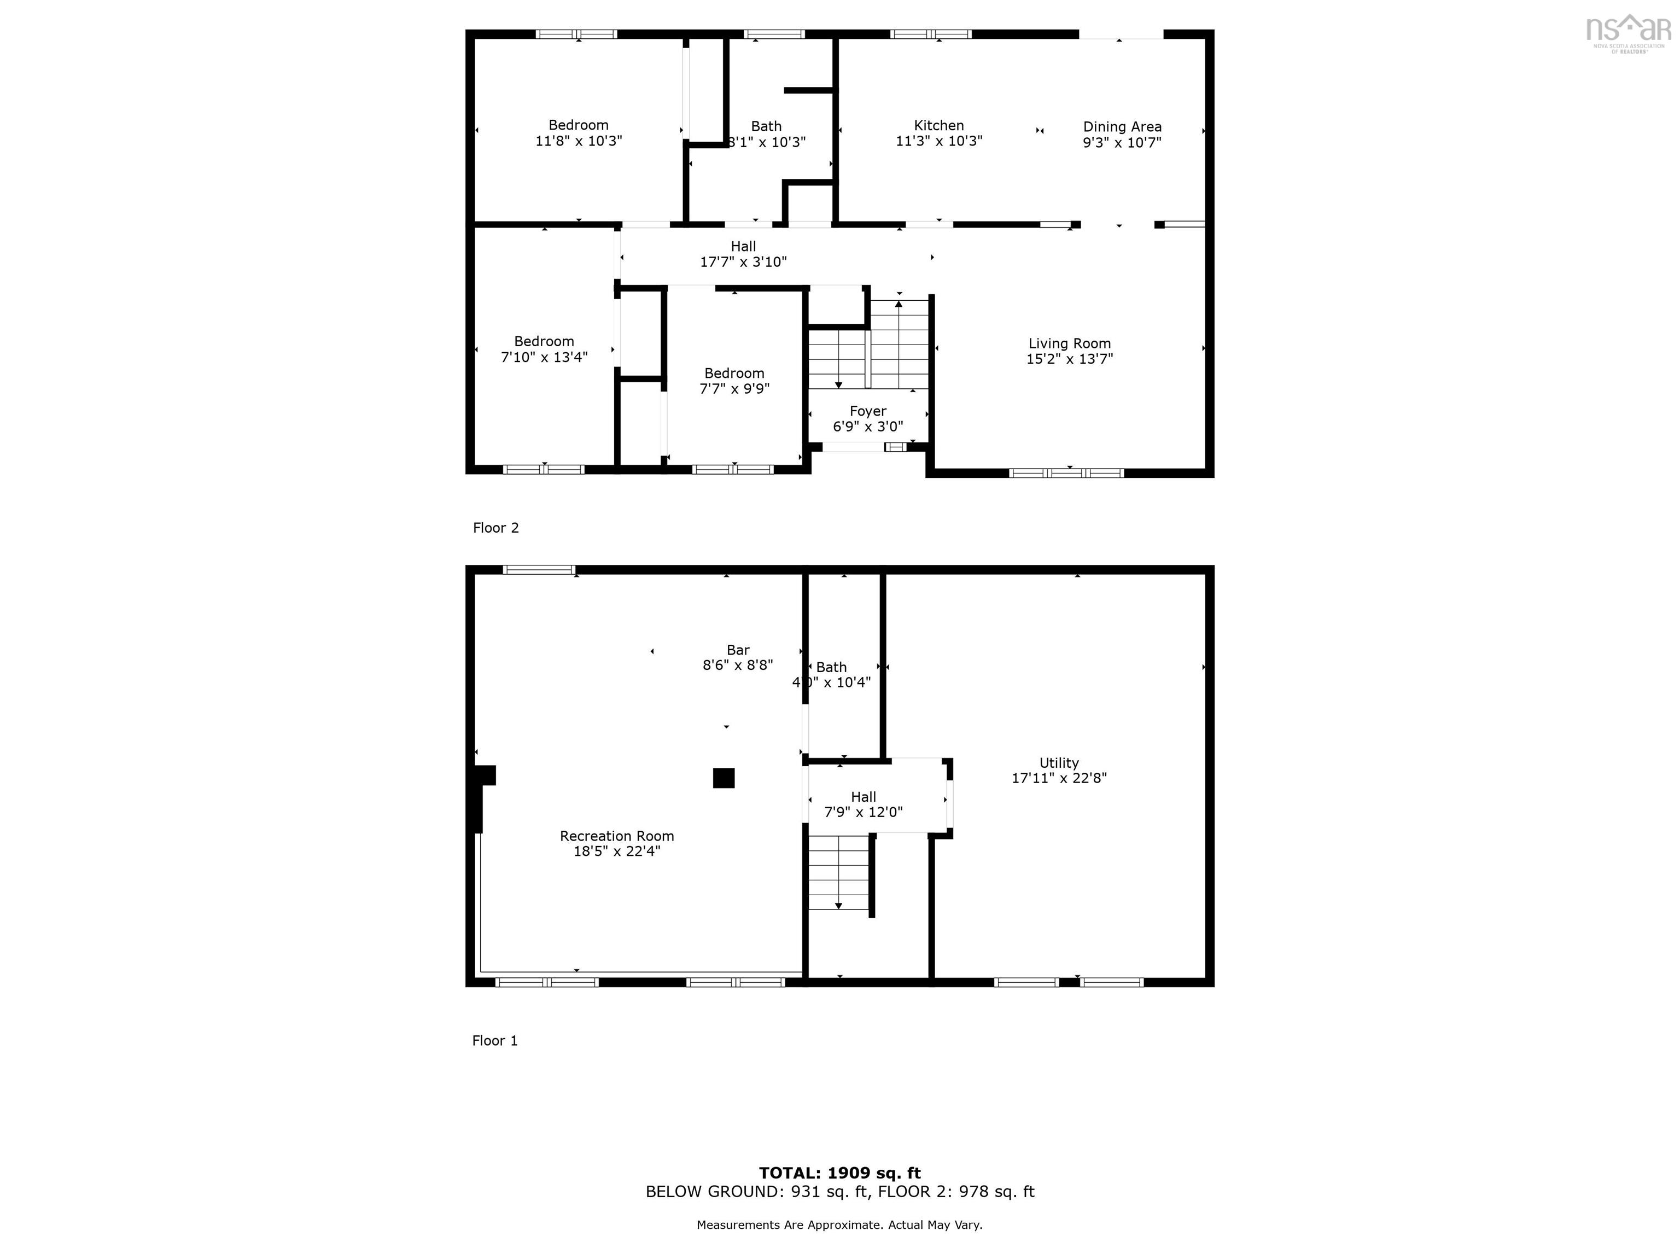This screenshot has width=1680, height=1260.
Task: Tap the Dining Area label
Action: (1122, 127)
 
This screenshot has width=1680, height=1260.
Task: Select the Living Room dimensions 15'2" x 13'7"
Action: (1069, 359)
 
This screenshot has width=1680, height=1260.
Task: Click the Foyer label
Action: (868, 411)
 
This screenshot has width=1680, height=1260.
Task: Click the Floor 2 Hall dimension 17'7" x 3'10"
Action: (743, 262)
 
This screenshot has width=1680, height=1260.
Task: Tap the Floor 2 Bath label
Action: (766, 126)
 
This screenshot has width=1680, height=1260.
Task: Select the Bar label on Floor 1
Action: (738, 650)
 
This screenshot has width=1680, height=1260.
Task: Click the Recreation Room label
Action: (617, 836)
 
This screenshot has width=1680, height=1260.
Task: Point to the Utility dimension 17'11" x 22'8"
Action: (1059, 778)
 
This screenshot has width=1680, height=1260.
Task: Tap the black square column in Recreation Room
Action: (723, 778)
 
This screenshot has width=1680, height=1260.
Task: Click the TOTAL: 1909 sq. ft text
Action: (840, 1172)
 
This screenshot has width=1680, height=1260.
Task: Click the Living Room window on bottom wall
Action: (1066, 473)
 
